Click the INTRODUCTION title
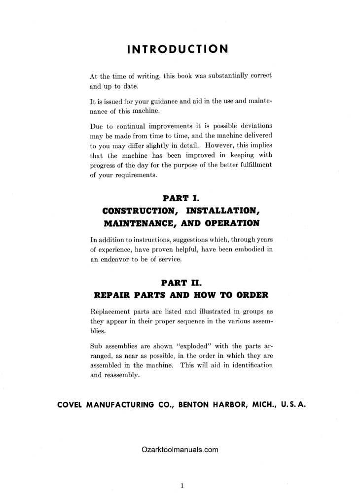point(178,49)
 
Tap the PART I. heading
point(182,199)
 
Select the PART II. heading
point(182,282)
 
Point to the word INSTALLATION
point(220,211)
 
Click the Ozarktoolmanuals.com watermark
point(180,450)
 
